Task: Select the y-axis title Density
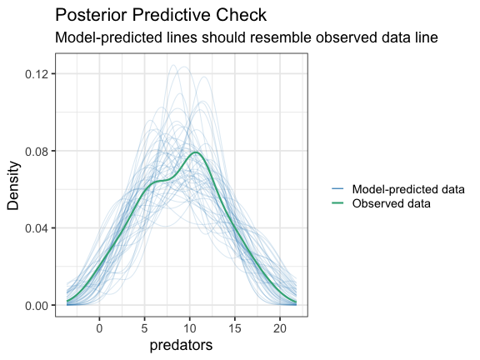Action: pos(13,186)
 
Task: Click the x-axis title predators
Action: pos(181,345)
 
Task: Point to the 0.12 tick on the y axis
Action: pos(36,74)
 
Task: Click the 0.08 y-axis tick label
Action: pos(36,151)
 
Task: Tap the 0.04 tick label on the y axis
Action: pos(36,228)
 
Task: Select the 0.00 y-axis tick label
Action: pos(36,305)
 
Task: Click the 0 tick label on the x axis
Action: pos(99,328)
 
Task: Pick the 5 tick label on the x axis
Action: pos(144,328)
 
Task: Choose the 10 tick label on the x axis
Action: pos(189,328)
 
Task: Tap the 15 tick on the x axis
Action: pos(235,328)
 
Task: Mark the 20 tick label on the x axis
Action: pos(280,328)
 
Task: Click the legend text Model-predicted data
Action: pos(408,189)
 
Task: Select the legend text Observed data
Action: pos(391,203)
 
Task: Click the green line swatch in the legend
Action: pos(337,203)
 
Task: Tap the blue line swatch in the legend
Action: pos(337,189)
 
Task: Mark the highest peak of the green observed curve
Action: pos(196,152)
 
